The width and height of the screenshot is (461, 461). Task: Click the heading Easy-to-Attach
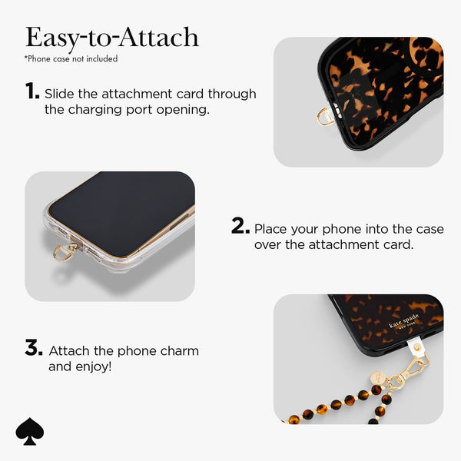[x=111, y=37]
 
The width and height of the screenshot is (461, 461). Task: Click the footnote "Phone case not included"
[x=71, y=58]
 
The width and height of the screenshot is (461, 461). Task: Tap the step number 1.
[x=32, y=92]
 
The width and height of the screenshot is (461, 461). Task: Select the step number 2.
[x=240, y=227]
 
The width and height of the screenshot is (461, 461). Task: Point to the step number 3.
[x=34, y=349]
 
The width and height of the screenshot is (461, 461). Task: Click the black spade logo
[x=30, y=432]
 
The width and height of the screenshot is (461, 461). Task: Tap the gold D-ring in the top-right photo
[x=325, y=117]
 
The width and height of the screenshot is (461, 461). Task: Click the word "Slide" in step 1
[x=61, y=94]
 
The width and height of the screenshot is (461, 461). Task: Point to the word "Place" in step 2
[x=271, y=229]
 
